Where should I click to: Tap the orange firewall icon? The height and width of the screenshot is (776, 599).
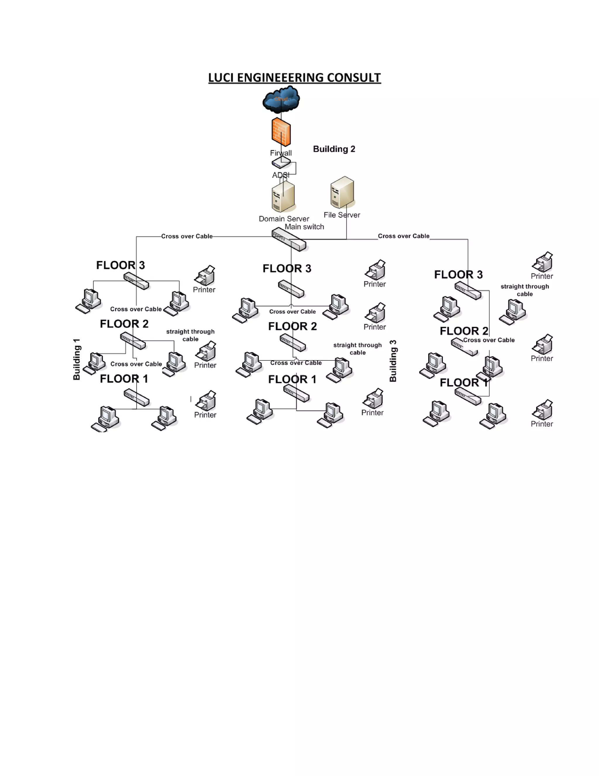[281, 132]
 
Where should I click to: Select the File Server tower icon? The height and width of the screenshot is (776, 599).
[342, 192]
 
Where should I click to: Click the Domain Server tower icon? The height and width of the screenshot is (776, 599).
[283, 196]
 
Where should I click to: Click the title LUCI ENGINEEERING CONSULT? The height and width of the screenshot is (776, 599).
[294, 78]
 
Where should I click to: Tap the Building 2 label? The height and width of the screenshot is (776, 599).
[334, 149]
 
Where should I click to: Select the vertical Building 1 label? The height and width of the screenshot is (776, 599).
[77, 359]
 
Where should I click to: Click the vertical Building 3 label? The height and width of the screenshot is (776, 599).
[393, 361]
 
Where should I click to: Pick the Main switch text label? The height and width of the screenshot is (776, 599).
[304, 227]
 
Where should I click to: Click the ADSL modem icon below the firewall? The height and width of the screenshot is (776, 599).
[281, 163]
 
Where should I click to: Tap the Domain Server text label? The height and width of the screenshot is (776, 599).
[284, 219]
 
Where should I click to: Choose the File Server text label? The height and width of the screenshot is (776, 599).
[342, 215]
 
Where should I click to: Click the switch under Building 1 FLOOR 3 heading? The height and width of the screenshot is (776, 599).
[136, 281]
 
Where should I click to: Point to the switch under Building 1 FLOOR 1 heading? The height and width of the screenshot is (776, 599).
[137, 398]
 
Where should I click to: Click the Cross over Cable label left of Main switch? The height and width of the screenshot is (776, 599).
[187, 236]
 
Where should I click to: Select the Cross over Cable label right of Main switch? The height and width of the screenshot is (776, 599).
[403, 236]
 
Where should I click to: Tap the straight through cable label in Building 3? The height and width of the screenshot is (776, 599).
[524, 290]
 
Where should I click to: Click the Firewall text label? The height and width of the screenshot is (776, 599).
[281, 153]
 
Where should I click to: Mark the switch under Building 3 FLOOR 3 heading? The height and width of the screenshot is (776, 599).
[468, 290]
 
